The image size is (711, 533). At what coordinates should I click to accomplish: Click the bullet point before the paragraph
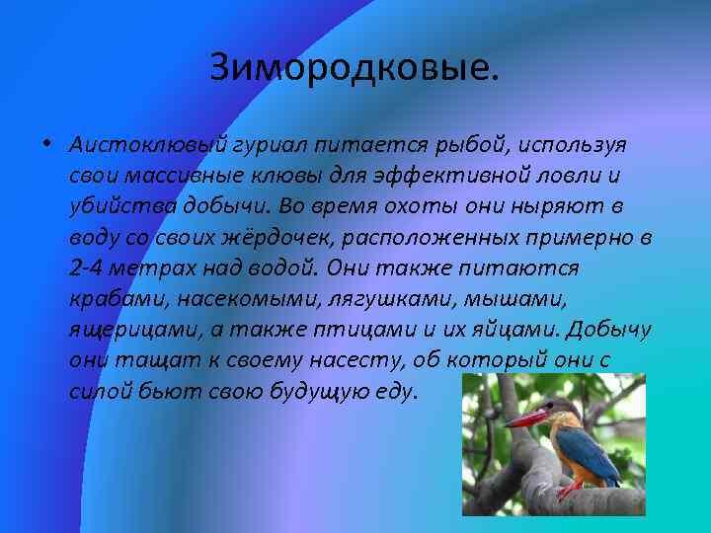(45, 145)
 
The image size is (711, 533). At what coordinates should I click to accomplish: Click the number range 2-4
(88, 268)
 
